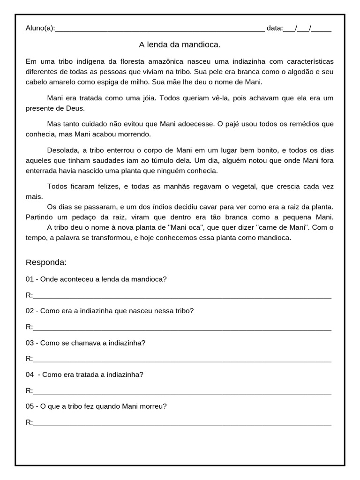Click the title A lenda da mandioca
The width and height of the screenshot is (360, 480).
pyautogui.click(x=180, y=45)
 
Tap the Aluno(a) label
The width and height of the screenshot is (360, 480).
pyautogui.click(x=40, y=28)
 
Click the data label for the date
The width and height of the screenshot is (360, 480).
pyautogui.click(x=275, y=28)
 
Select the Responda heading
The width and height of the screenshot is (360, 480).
pyautogui.click(x=46, y=262)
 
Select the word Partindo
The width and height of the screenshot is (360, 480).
pyautogui.click(x=39, y=217)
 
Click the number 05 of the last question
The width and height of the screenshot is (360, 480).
pyautogui.click(x=30, y=406)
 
